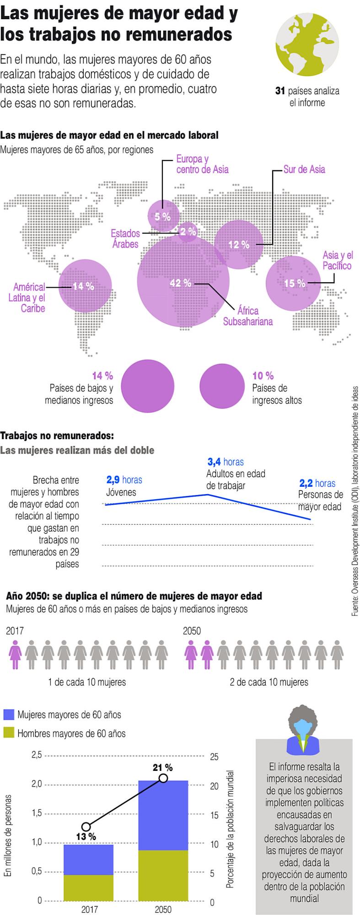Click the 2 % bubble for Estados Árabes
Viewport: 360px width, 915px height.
point(188,232)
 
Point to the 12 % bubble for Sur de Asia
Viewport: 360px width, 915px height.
point(239,245)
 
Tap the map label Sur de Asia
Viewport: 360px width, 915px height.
point(304,169)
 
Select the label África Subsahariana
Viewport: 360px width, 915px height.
point(247,316)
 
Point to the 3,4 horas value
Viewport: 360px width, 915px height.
point(225,462)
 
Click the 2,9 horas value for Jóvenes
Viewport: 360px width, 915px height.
point(124,480)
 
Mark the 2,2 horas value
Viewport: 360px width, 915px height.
point(317,483)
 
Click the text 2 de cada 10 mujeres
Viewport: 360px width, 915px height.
point(269,682)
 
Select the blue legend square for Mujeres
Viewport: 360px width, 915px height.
point(9,715)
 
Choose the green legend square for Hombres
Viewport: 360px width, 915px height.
point(9,733)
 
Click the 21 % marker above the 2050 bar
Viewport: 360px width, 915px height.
point(163,778)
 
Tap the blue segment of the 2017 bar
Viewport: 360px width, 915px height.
point(88,860)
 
